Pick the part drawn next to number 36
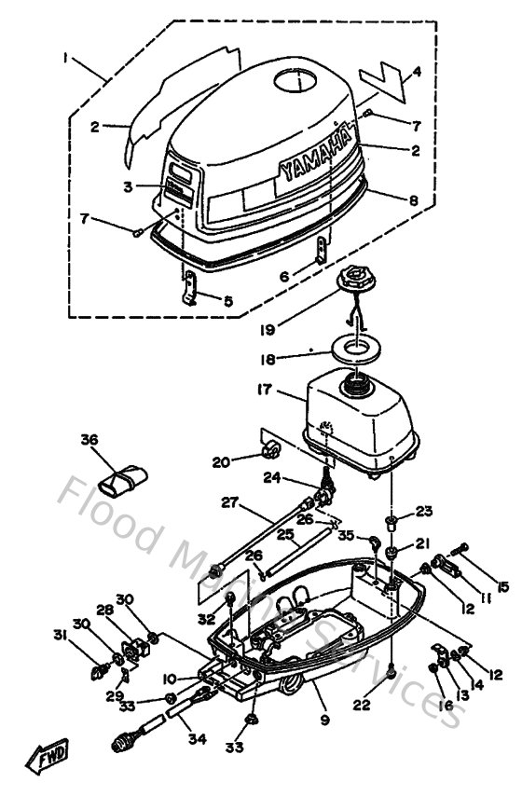pyautogui.click(x=121, y=479)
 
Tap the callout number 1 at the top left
pyautogui.click(x=66, y=57)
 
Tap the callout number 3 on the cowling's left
pyautogui.click(x=128, y=185)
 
